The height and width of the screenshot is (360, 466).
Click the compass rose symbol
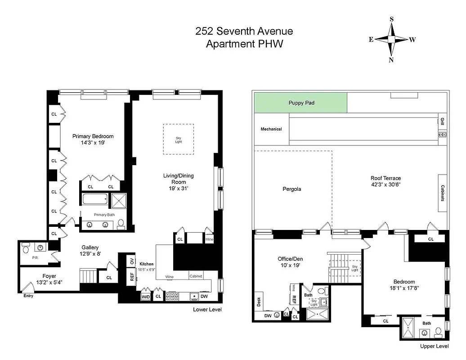coord(391,40)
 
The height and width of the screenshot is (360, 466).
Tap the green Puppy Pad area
coord(301,103)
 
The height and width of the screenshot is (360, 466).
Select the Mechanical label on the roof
coord(271,129)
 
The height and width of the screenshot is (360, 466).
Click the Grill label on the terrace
coord(442,121)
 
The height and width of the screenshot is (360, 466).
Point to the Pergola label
coord(291,189)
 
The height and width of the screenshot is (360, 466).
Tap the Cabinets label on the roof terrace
coord(443,193)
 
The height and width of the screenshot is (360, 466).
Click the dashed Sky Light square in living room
coord(179,139)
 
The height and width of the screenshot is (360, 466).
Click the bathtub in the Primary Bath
coord(95,199)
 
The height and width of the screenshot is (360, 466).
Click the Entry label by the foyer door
coord(28,296)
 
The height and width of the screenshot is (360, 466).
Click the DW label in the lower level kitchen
coord(204,297)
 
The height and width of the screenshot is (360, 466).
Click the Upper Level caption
coord(434,346)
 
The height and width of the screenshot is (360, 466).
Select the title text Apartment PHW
coord(244,44)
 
